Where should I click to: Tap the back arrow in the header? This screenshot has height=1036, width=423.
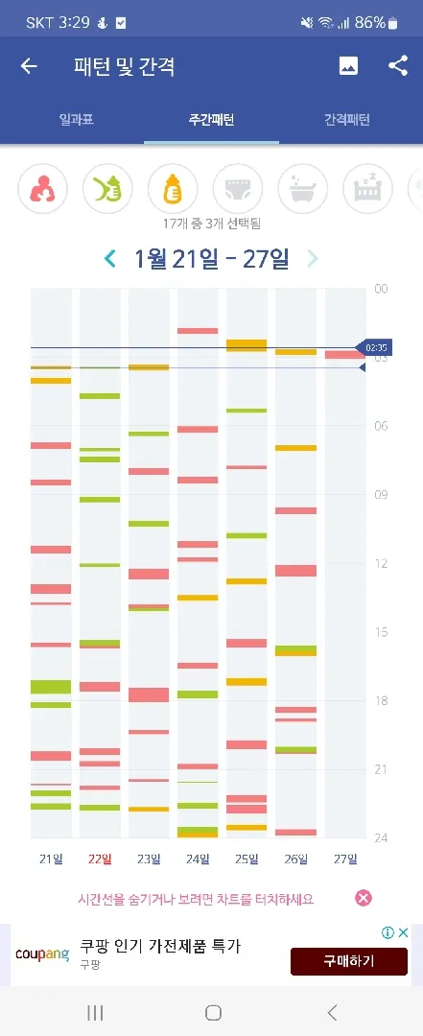(x=29, y=66)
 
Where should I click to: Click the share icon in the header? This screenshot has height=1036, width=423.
(x=398, y=65)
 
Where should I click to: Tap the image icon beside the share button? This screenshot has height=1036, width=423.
(x=348, y=65)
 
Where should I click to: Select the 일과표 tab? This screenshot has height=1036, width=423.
(x=76, y=120)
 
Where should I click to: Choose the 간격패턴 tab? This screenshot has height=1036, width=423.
(x=347, y=120)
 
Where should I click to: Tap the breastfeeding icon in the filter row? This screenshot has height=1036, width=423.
(x=42, y=189)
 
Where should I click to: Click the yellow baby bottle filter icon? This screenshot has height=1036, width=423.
(x=173, y=189)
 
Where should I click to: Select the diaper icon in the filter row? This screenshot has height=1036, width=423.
(x=238, y=189)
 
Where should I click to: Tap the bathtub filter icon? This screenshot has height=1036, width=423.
(x=303, y=189)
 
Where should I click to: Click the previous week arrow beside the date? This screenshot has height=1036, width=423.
(x=110, y=258)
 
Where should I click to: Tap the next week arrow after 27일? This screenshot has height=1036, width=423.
(x=312, y=258)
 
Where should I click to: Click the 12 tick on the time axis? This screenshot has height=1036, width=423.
(x=381, y=564)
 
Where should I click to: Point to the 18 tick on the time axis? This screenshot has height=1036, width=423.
(x=381, y=701)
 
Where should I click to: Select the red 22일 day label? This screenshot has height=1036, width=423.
(x=100, y=859)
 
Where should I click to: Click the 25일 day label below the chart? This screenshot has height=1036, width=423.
(x=247, y=859)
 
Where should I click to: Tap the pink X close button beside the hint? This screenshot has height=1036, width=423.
(x=364, y=898)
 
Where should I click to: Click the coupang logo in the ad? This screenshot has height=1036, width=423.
(x=42, y=954)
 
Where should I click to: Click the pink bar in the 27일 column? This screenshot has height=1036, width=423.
(x=345, y=355)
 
